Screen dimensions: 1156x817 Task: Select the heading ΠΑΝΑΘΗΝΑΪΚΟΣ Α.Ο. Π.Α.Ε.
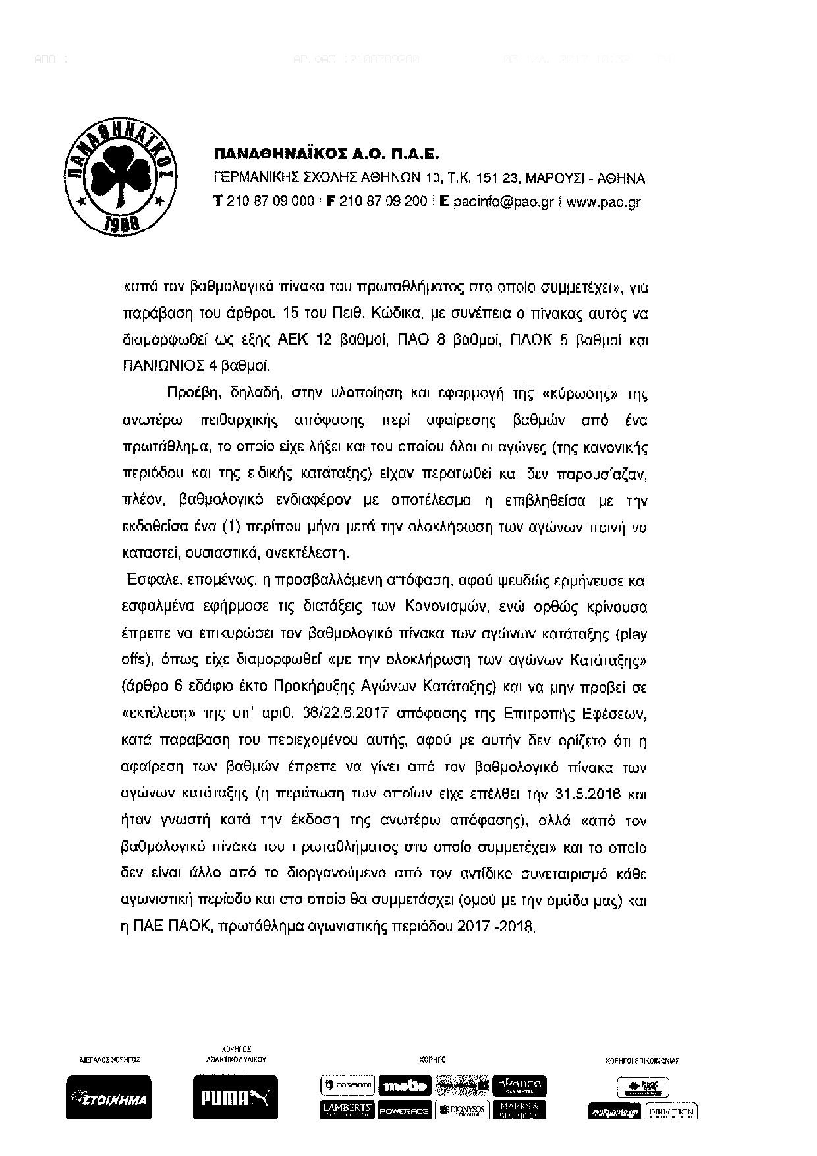tap(326, 154)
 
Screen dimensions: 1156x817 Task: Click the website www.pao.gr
tap(603, 202)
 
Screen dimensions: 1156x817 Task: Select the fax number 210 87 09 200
tap(383, 202)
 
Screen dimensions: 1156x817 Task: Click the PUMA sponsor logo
tap(235, 1097)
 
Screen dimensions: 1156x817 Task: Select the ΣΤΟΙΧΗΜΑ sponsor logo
tap(109, 1097)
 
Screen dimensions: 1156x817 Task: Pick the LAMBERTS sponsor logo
tap(348, 1109)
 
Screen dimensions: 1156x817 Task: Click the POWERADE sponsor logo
tap(405, 1110)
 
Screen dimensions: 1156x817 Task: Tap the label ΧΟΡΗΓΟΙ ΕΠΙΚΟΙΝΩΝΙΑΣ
tap(642, 1061)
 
